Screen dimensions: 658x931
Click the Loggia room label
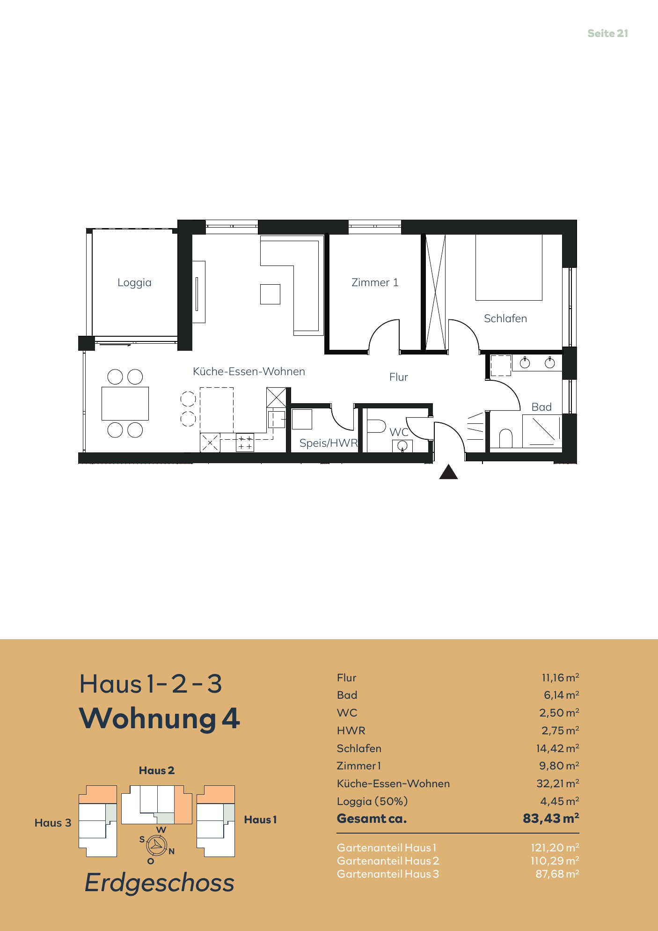pyautogui.click(x=134, y=283)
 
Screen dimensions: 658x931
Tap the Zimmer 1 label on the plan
pyautogui.click(x=375, y=282)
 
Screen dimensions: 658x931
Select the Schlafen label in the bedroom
pyautogui.click(x=505, y=318)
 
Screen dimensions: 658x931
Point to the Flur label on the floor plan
pyautogui.click(x=399, y=377)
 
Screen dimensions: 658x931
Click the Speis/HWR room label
pyautogui.click(x=329, y=443)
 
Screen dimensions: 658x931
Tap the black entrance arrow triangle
pyautogui.click(x=448, y=472)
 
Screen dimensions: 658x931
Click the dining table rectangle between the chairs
pyautogui.click(x=125, y=403)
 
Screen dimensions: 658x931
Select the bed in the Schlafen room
pyautogui.click(x=509, y=267)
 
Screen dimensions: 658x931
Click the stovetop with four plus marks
pyautogui.click(x=245, y=443)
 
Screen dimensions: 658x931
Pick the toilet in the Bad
pyautogui.click(x=506, y=439)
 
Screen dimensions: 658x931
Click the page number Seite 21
pyautogui.click(x=608, y=33)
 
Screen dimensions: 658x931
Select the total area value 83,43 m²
pyautogui.click(x=551, y=818)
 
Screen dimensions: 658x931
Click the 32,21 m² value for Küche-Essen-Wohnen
pyautogui.click(x=558, y=783)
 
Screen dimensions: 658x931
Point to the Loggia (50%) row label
pyautogui.click(x=372, y=801)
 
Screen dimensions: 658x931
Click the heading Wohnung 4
pyautogui.click(x=160, y=718)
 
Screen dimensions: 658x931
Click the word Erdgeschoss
pyautogui.click(x=160, y=883)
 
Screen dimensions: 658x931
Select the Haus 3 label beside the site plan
pyautogui.click(x=53, y=823)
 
